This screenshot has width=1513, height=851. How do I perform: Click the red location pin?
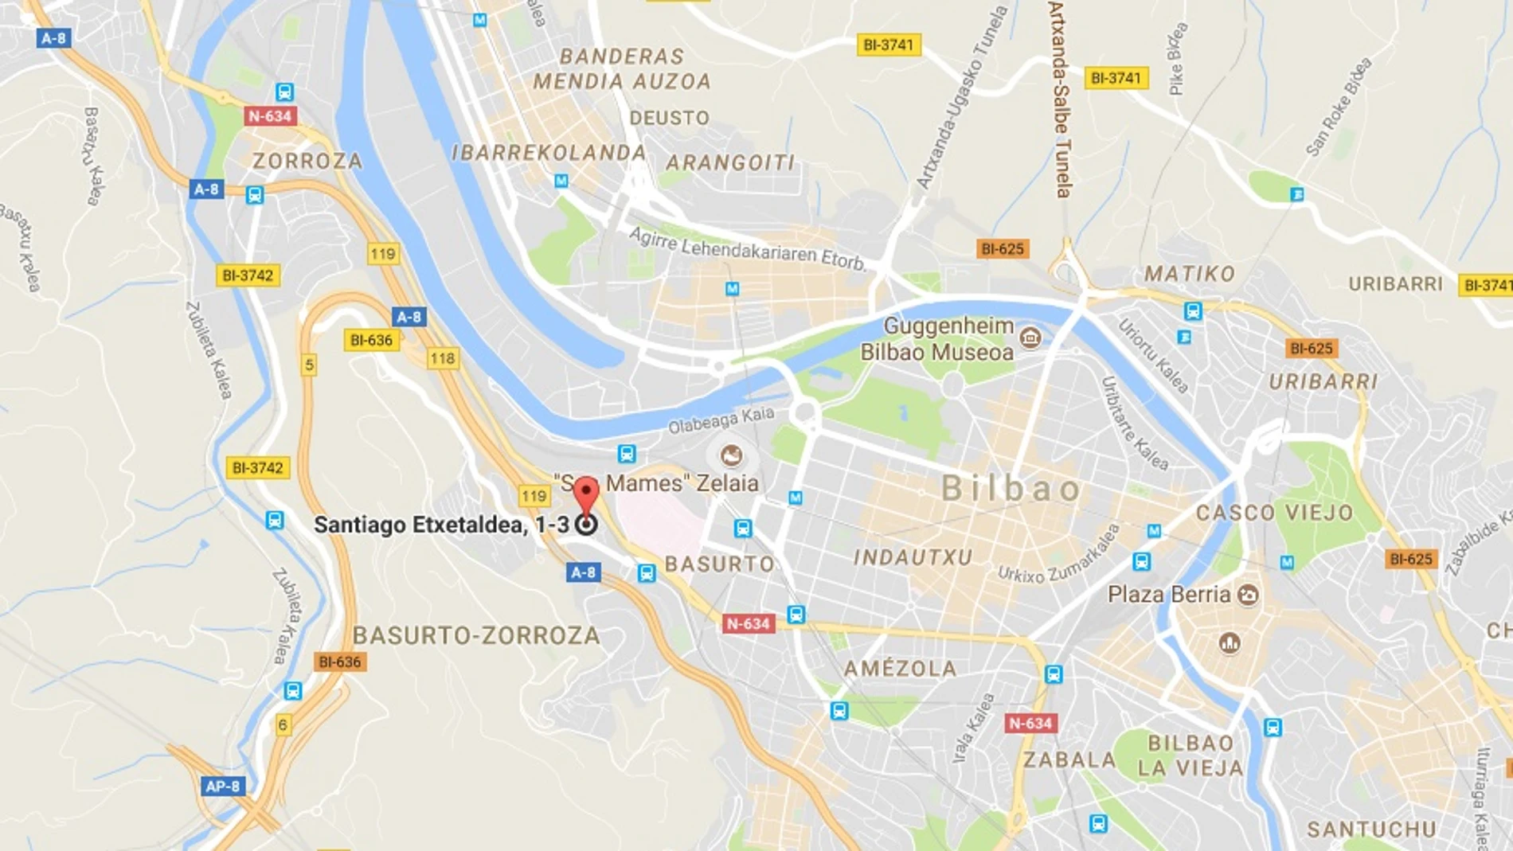[x=586, y=494]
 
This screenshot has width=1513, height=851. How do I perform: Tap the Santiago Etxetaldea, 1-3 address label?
[x=441, y=525]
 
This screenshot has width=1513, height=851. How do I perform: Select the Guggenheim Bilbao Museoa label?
[x=938, y=339]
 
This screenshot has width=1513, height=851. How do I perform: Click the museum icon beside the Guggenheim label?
[x=1030, y=338]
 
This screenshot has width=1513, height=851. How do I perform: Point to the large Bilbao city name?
[x=1011, y=489]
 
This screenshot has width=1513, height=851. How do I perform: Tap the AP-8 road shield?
[x=223, y=787]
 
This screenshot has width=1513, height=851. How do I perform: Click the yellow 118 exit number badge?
[x=443, y=358]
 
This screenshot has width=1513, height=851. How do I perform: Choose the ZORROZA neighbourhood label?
[x=307, y=162]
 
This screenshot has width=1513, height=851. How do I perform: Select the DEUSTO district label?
[x=669, y=119]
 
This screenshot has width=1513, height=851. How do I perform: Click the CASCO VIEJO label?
[x=1274, y=513]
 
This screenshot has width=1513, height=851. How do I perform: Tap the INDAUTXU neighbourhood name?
[x=913, y=557]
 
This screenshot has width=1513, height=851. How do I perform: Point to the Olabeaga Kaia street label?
[x=721, y=420]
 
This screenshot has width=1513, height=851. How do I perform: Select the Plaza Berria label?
[x=1169, y=595]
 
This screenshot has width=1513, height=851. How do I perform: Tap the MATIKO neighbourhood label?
[x=1190, y=275]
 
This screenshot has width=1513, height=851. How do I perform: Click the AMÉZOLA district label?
[x=900, y=669]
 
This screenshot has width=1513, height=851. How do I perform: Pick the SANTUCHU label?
[x=1371, y=830]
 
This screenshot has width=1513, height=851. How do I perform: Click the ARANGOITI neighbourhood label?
[x=730, y=163]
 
